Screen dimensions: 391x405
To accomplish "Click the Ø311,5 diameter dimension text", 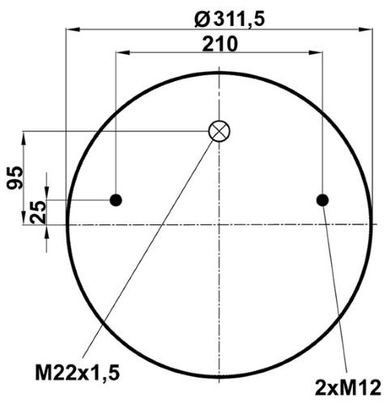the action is (x=229, y=19).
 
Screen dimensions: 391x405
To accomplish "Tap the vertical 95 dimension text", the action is (x=15, y=177).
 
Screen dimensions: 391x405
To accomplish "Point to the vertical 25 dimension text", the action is (x=38, y=212).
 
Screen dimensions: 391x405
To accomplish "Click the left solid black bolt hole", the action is (x=116, y=200).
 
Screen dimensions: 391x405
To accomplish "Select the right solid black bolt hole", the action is (x=322, y=200).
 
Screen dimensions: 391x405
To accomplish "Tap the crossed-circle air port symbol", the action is (x=219, y=131).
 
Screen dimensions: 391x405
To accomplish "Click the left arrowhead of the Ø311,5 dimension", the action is (x=73, y=29).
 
